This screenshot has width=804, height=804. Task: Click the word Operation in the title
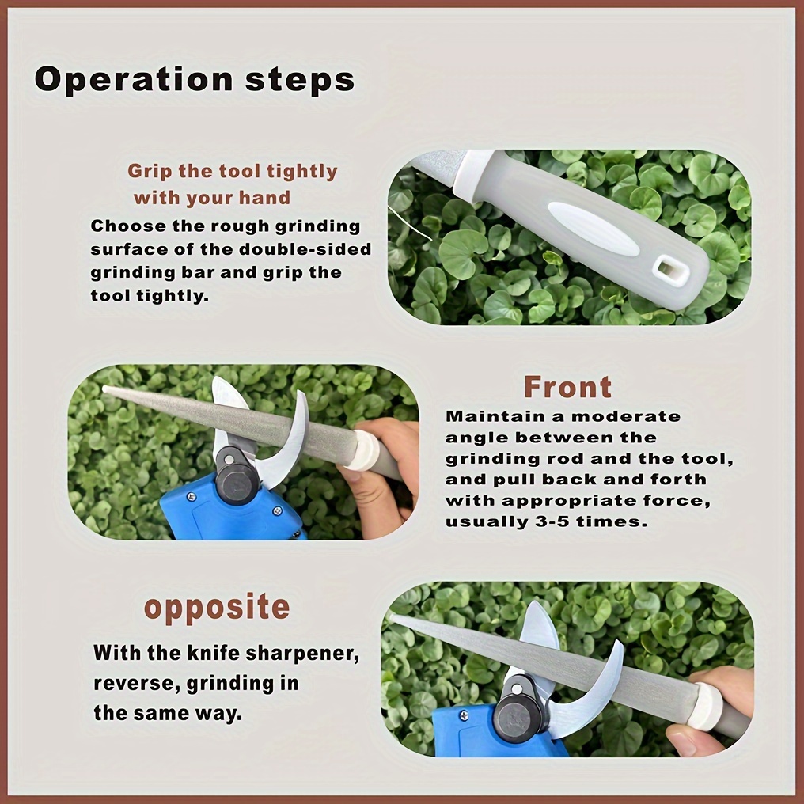pos(134,79)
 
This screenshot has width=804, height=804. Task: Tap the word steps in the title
pos(300,79)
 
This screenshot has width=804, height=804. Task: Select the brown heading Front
pos(567,387)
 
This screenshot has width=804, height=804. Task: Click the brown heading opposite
pos(217,608)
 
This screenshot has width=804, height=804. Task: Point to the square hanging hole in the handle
pos(672,270)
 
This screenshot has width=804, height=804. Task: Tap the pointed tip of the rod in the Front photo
pos(105,389)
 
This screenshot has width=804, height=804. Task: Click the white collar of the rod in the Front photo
pos(364,449)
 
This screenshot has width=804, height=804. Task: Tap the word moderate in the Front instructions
pos(626,416)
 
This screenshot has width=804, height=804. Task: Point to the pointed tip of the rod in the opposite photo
pos(393,617)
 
